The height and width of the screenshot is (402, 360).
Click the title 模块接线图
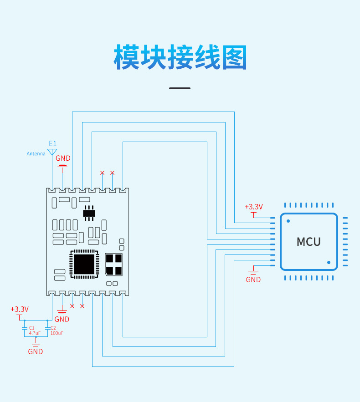[x=180, y=57]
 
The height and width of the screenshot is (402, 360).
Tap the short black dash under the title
[x=180, y=88]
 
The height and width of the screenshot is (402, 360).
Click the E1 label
[x=52, y=143]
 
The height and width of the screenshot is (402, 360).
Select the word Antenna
[x=36, y=154]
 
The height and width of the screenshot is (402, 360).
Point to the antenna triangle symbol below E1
[x=52, y=151]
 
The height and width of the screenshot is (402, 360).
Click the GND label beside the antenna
[x=63, y=158]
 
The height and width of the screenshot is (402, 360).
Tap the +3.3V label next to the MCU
[x=254, y=207]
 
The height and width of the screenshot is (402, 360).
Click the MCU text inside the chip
[x=309, y=242]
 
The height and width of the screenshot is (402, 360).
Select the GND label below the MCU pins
[x=253, y=280]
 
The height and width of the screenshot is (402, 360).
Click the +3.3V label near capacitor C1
[x=20, y=309]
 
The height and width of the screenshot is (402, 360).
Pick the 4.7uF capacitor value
[x=35, y=333]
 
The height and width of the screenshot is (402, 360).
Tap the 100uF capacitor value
[x=57, y=333]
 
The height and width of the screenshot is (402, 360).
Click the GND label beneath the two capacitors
[x=36, y=351]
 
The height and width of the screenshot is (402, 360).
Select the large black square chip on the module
[x=83, y=264]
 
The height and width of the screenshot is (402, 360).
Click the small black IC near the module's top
[x=89, y=212]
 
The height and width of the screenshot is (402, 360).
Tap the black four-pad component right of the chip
[x=113, y=265]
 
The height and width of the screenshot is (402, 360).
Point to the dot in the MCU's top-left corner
[x=288, y=221]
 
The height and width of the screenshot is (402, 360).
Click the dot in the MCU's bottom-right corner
[x=329, y=262]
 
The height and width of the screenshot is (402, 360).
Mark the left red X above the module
[x=102, y=173]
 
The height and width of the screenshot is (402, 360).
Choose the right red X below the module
[x=82, y=306]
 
